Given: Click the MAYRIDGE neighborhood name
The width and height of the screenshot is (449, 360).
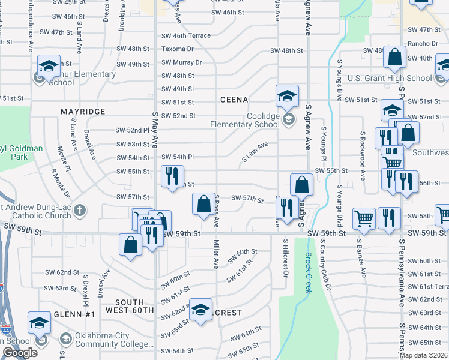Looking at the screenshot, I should (x=83, y=112).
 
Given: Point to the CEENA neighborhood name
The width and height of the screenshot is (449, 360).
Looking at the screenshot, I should (x=234, y=99).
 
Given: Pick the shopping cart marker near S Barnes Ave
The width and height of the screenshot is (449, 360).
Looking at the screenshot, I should (x=364, y=219).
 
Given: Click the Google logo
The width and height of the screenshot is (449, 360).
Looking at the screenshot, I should (x=20, y=353).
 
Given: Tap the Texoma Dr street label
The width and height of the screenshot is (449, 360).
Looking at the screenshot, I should (x=178, y=49).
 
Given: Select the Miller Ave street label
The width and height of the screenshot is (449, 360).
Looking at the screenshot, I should (x=215, y=254).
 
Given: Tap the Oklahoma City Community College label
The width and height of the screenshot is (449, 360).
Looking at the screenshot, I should (x=114, y=340).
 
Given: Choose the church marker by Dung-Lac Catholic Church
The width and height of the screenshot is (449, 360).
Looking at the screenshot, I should (x=79, y=210).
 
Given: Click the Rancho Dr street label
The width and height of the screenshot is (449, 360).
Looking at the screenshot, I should (x=423, y=43).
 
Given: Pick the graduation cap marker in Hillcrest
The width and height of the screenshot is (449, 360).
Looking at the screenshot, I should (x=200, y=310).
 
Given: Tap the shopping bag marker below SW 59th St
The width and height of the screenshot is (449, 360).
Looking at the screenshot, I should (x=130, y=245).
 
